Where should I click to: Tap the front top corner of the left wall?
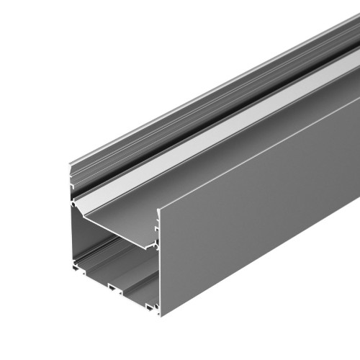[x=70, y=167]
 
